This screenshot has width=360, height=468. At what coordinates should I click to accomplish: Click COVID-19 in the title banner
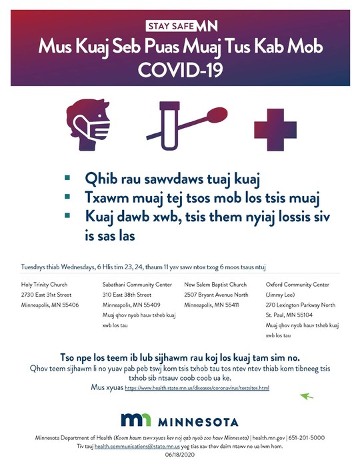tap(180, 69)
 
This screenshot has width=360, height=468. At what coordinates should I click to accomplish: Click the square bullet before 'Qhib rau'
tap(67, 179)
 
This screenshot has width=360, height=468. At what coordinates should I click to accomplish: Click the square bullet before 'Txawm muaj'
tap(67, 198)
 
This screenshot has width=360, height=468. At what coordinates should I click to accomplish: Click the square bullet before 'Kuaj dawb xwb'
tap(67, 217)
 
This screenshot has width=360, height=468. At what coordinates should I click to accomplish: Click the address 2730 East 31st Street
tap(46, 295)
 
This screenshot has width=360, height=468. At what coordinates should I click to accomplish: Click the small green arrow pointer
tap(307, 396)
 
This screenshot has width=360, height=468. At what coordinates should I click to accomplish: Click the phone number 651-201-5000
tap(308, 437)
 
